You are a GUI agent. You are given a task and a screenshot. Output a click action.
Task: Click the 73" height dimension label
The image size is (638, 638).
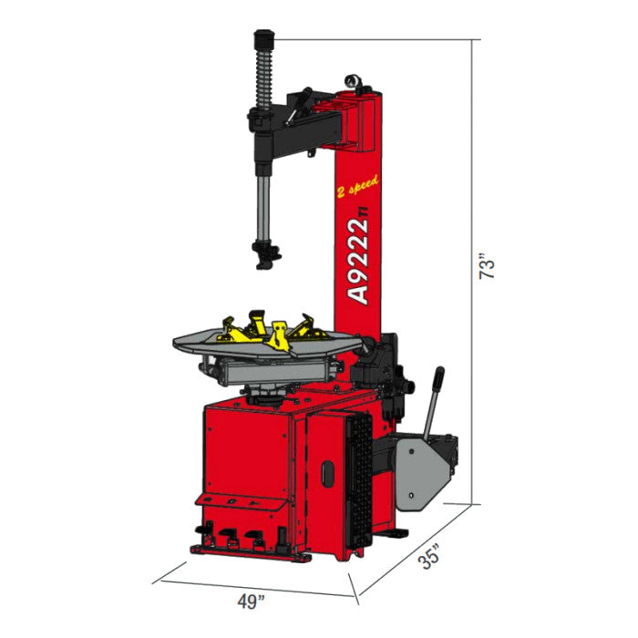(487, 266)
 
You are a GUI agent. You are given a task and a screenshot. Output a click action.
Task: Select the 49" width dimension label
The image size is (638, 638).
(251, 602)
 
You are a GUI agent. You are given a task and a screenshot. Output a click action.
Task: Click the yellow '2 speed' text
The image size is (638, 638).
(357, 187)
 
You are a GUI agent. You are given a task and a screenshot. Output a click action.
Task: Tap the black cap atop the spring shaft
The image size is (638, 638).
(263, 39)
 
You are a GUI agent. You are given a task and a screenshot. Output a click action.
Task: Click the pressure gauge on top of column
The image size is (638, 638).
(352, 79)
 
